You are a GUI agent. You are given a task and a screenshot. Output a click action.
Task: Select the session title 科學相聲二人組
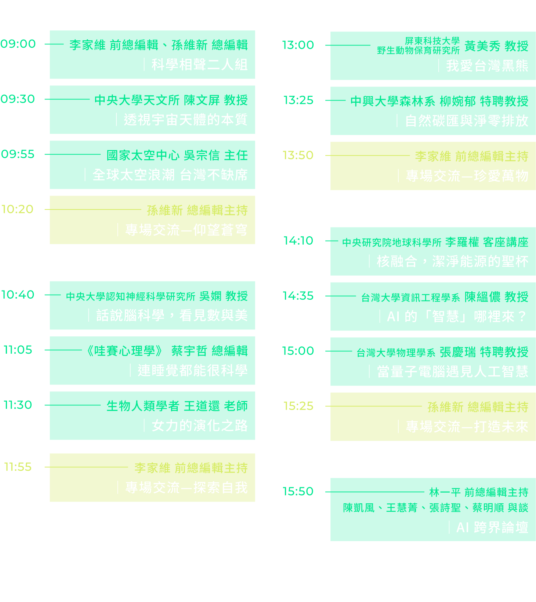click(x=199, y=65)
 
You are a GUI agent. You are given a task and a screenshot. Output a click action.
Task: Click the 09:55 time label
click(x=18, y=154)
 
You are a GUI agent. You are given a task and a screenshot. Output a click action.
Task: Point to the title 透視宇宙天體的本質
click(x=185, y=120)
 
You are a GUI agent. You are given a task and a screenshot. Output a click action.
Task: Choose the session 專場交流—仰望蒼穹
click(x=186, y=230)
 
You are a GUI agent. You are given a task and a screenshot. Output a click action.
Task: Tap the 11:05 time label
click(x=18, y=350)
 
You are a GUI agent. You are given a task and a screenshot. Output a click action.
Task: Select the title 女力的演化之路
click(x=199, y=426)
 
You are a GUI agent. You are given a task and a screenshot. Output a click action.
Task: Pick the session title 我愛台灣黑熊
click(x=487, y=66)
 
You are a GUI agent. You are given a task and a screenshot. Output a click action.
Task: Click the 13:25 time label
click(x=298, y=100)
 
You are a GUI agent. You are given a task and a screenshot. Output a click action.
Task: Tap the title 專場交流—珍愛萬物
click(x=467, y=176)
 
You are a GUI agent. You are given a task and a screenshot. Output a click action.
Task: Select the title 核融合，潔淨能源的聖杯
click(x=452, y=261)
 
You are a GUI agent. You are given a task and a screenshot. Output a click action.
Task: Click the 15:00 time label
click(x=298, y=351)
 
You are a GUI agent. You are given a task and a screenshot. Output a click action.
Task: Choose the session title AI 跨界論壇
click(x=492, y=527)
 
